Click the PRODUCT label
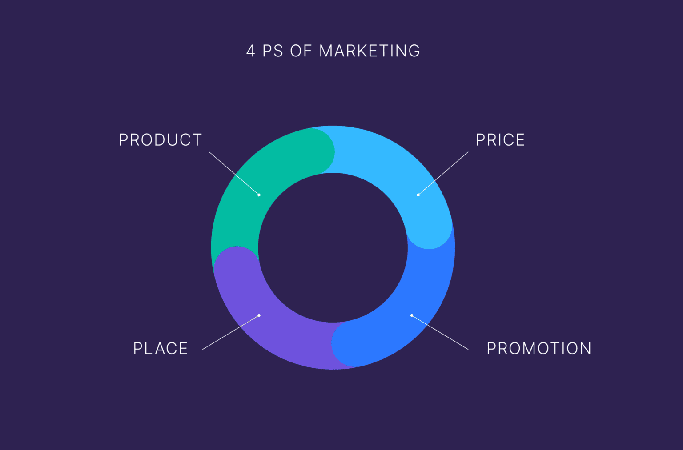coord(160,140)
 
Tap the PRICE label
coord(500,140)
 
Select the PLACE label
coord(160,348)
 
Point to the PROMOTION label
coord(539,348)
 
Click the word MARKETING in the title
coord(370,51)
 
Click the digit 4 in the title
coord(251,51)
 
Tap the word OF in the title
coord(301,51)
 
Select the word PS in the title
coord(273,51)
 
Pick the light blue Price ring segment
coord(391,164)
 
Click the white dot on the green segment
coord(259,195)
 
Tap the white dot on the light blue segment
coord(418,195)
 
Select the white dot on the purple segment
coord(259,315)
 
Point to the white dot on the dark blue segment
coord(412,315)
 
